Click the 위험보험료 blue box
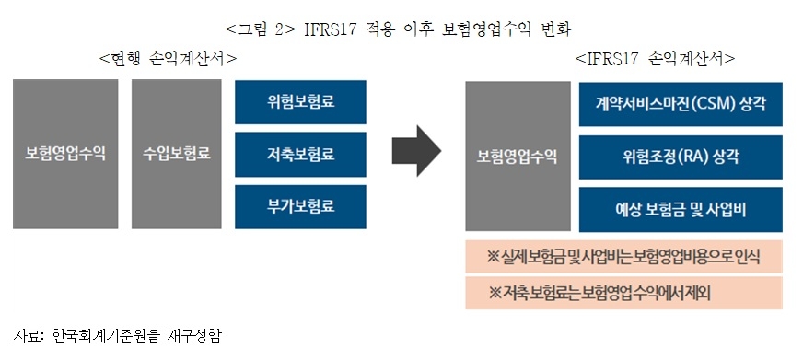299,101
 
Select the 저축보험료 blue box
299,154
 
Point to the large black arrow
417,154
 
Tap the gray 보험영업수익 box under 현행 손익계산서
65,154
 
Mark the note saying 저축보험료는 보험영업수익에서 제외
624,293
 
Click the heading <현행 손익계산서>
168,58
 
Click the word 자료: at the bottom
28,333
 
